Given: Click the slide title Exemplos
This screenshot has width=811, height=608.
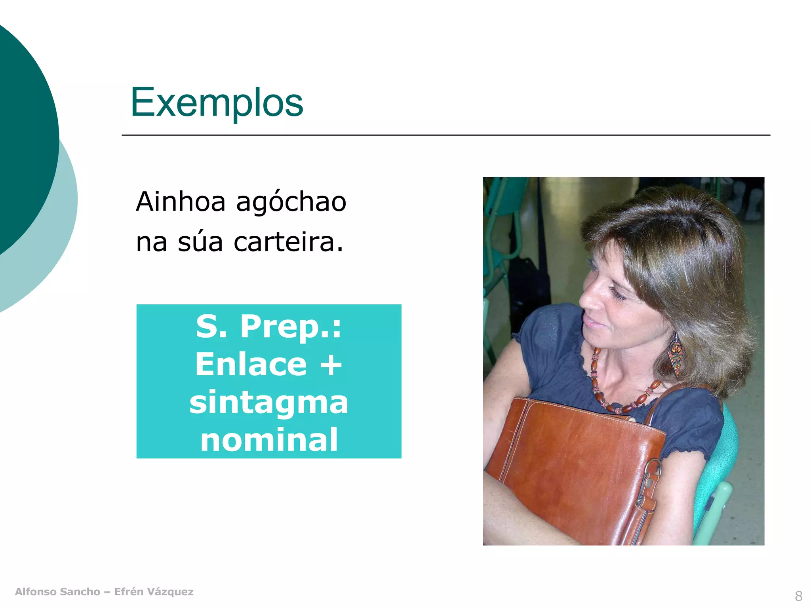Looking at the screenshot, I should (x=217, y=103).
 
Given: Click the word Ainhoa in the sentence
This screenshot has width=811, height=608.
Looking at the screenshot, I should (x=181, y=202).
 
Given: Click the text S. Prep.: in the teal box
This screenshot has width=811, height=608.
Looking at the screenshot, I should (x=268, y=327).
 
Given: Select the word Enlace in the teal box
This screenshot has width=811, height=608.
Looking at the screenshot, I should (x=251, y=365).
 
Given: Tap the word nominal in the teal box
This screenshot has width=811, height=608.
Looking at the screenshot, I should (x=268, y=440).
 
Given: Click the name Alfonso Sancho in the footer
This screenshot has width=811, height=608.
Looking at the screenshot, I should (x=57, y=592).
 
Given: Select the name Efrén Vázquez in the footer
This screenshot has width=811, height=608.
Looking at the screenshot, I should (x=154, y=592).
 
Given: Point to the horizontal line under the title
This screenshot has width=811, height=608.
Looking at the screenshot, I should (x=445, y=135).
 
